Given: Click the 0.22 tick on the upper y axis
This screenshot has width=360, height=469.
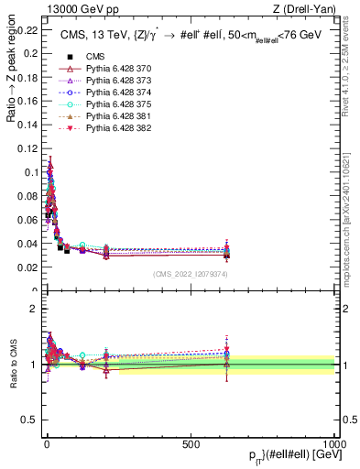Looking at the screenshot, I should (x=27, y=30).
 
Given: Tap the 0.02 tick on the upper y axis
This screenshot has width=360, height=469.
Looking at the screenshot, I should (x=27, y=267).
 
